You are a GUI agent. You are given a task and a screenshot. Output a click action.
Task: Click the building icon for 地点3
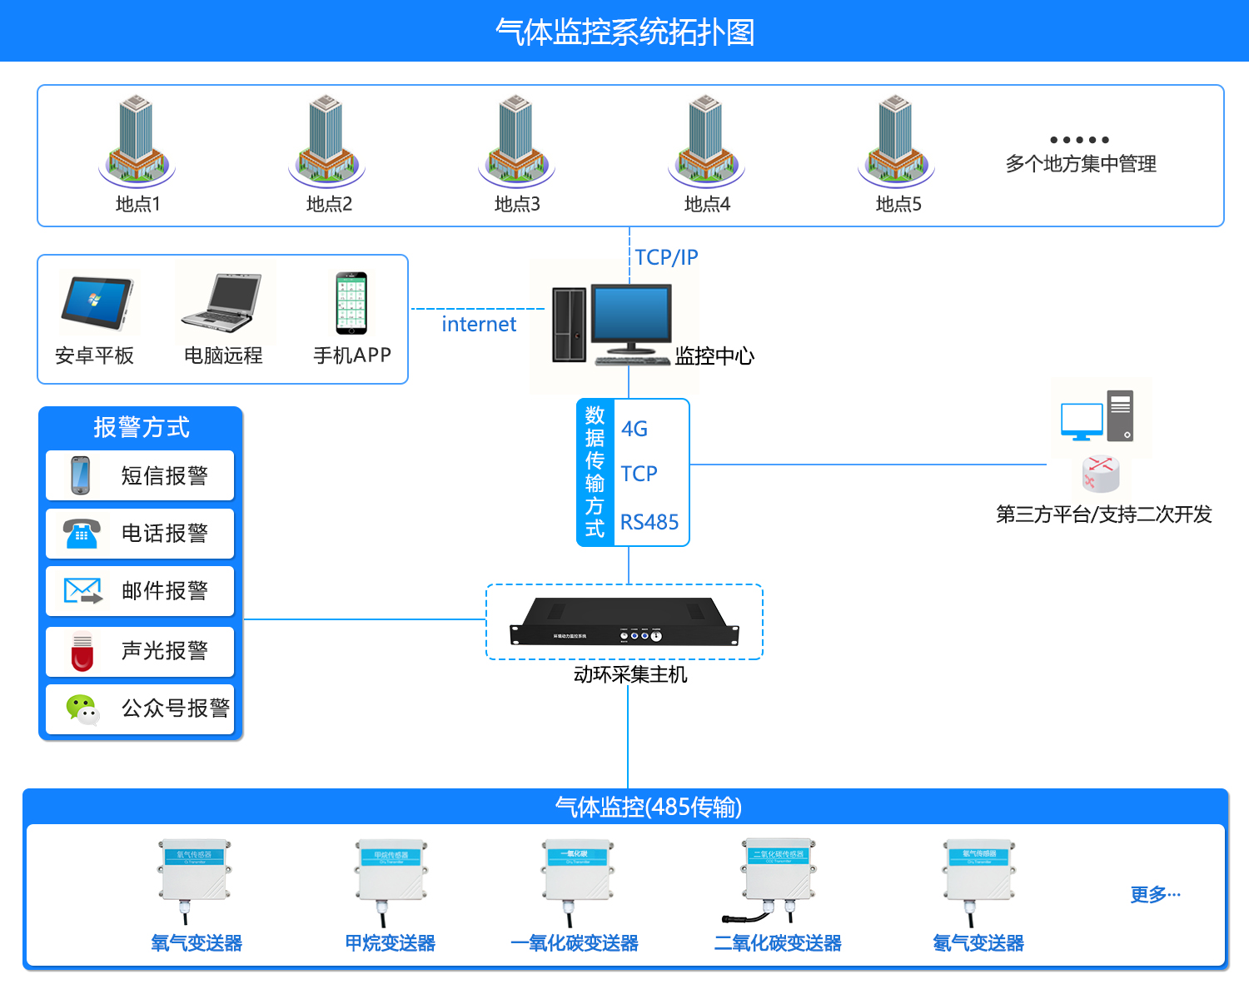click(516, 139)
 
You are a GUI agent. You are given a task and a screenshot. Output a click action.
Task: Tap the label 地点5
click(898, 204)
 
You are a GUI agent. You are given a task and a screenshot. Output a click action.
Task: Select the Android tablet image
click(97, 304)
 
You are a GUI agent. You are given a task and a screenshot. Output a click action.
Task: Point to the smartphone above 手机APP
click(351, 303)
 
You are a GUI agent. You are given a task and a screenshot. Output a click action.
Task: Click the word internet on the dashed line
click(479, 324)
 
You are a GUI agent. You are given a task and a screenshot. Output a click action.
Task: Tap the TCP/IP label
click(666, 257)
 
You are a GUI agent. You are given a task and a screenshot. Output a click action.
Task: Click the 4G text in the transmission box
click(634, 429)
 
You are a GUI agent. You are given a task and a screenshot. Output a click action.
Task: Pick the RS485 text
click(649, 522)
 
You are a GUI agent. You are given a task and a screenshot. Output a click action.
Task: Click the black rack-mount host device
click(624, 623)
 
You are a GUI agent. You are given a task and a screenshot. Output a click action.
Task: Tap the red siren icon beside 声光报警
click(82, 651)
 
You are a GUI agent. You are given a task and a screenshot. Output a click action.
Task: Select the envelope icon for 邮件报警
click(82, 591)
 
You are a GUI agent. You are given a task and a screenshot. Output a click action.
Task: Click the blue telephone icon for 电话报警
click(82, 533)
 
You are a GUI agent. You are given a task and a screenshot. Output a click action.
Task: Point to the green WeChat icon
click(82, 709)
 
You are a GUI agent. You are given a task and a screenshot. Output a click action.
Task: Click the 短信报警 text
click(164, 475)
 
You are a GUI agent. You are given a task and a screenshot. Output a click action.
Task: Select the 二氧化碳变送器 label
click(778, 943)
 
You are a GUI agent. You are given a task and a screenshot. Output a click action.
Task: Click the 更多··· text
click(1155, 895)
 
